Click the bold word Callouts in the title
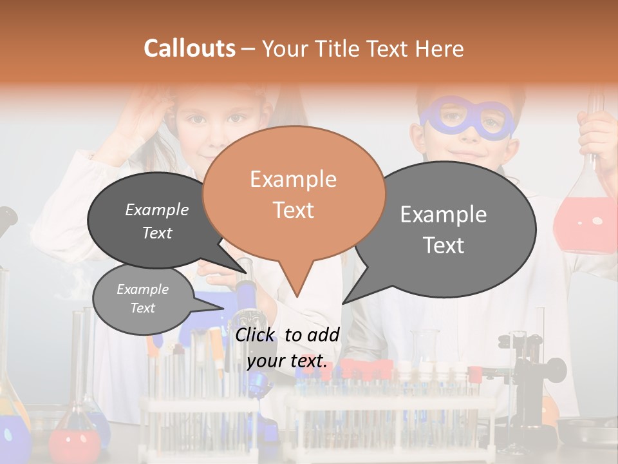click(189, 48)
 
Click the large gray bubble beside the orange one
click(444, 229)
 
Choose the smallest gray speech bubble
click(142, 299)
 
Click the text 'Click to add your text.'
click(287, 347)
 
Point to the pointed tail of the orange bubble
click(296, 294)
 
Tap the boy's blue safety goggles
click(467, 119)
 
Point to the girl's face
click(219, 129)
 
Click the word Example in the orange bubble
click(293, 179)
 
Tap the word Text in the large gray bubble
click(444, 245)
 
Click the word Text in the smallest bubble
click(142, 308)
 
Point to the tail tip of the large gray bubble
click(343, 303)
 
